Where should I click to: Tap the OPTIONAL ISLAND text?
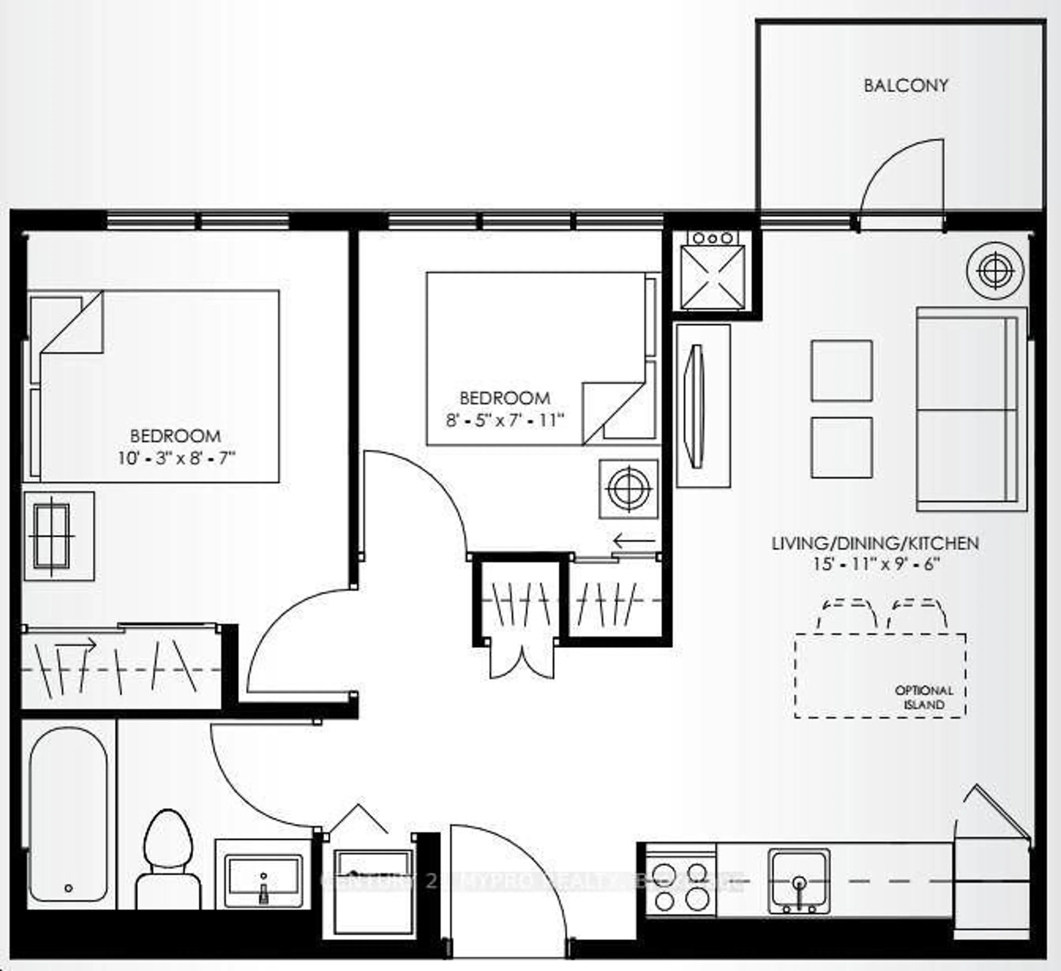[924, 697]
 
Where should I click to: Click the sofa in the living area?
[971, 410]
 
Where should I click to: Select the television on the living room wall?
[697, 406]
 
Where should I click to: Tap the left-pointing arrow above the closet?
[634, 540]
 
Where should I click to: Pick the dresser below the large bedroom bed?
[58, 536]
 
